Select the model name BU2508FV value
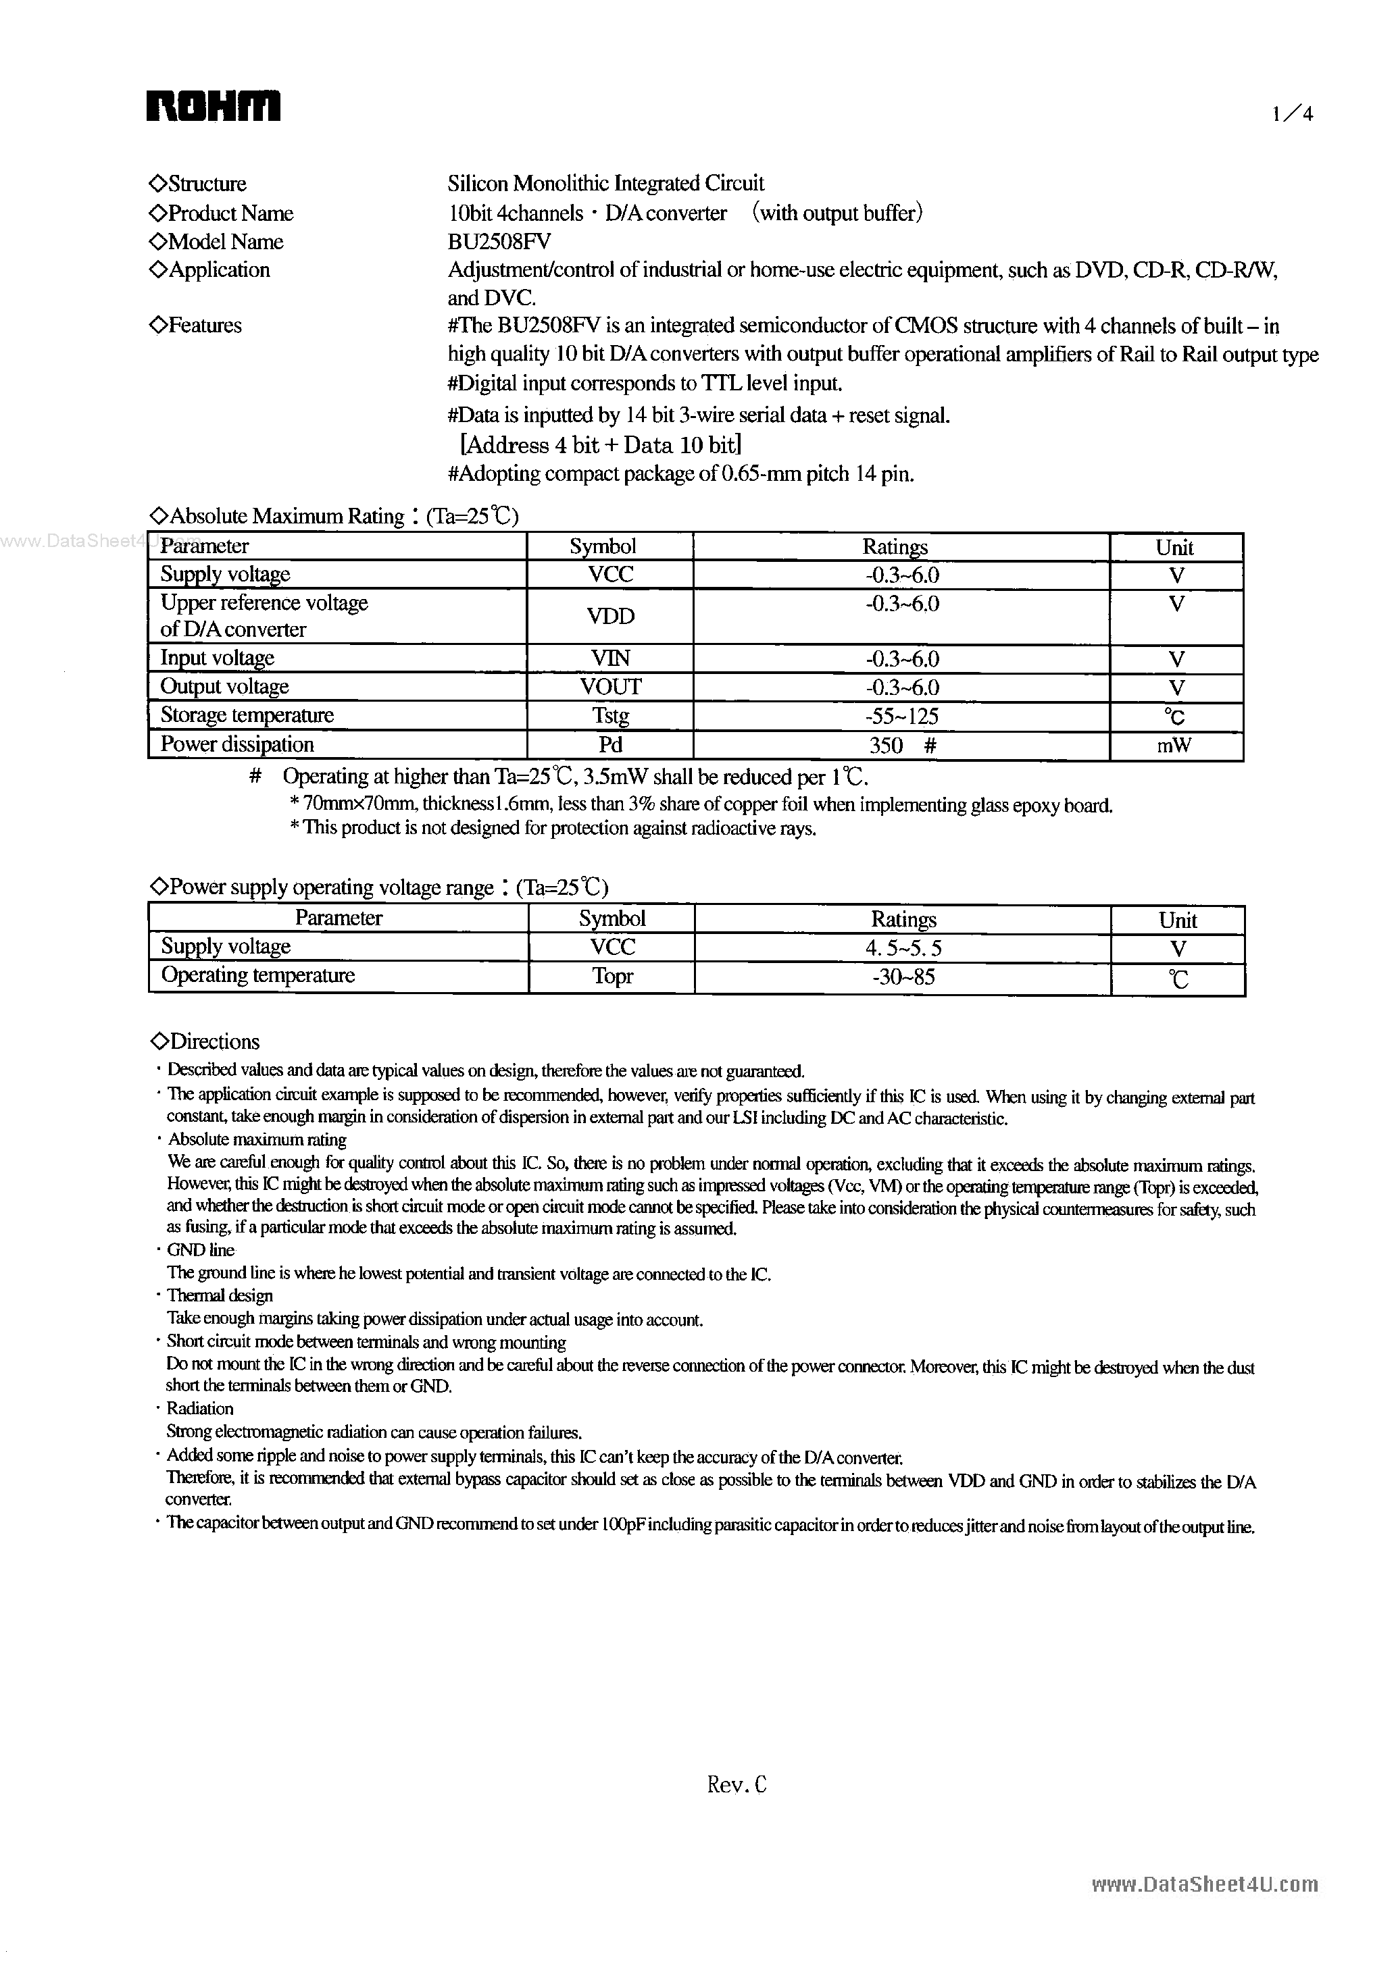[x=499, y=241]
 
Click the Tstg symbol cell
[x=610, y=716]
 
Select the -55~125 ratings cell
[x=901, y=717]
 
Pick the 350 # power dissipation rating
[x=901, y=746]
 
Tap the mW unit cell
[x=1175, y=746]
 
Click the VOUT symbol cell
[x=610, y=686]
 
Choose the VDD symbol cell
[x=610, y=616]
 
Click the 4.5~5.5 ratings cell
[x=903, y=948]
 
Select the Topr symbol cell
[x=612, y=977]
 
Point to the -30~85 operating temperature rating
[x=903, y=977]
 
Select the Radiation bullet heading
[x=199, y=1409]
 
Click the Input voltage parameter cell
[x=218, y=658]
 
